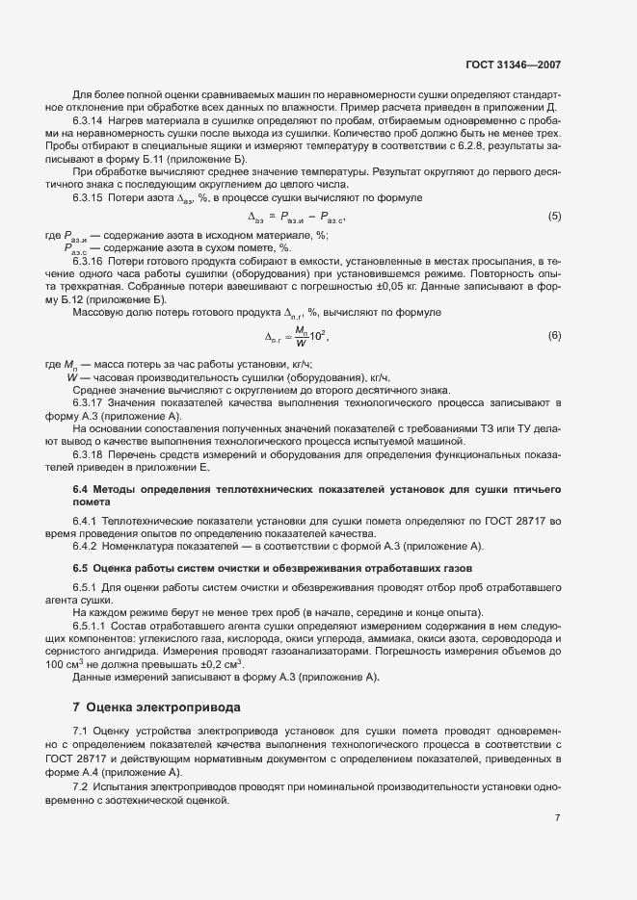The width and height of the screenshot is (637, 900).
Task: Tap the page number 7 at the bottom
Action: point(558,817)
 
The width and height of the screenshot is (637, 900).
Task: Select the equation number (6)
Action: point(554,335)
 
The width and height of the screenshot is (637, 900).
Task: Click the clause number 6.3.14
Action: point(89,121)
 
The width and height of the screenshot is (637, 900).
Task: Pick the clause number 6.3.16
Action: point(89,261)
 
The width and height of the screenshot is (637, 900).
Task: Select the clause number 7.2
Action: point(81,786)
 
